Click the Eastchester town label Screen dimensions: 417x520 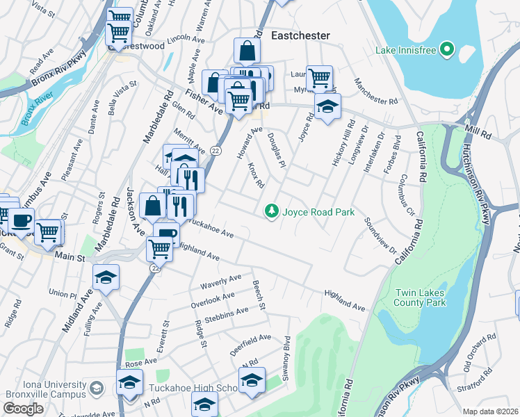300,35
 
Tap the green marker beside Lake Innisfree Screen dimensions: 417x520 447,50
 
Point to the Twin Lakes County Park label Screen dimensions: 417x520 419,297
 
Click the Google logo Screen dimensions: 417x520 23,408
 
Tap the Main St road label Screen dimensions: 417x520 69,257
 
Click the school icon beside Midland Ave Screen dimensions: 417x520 106,277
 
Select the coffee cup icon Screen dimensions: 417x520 20,220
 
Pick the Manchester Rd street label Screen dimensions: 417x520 375,90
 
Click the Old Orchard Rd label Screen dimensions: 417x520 479,355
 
